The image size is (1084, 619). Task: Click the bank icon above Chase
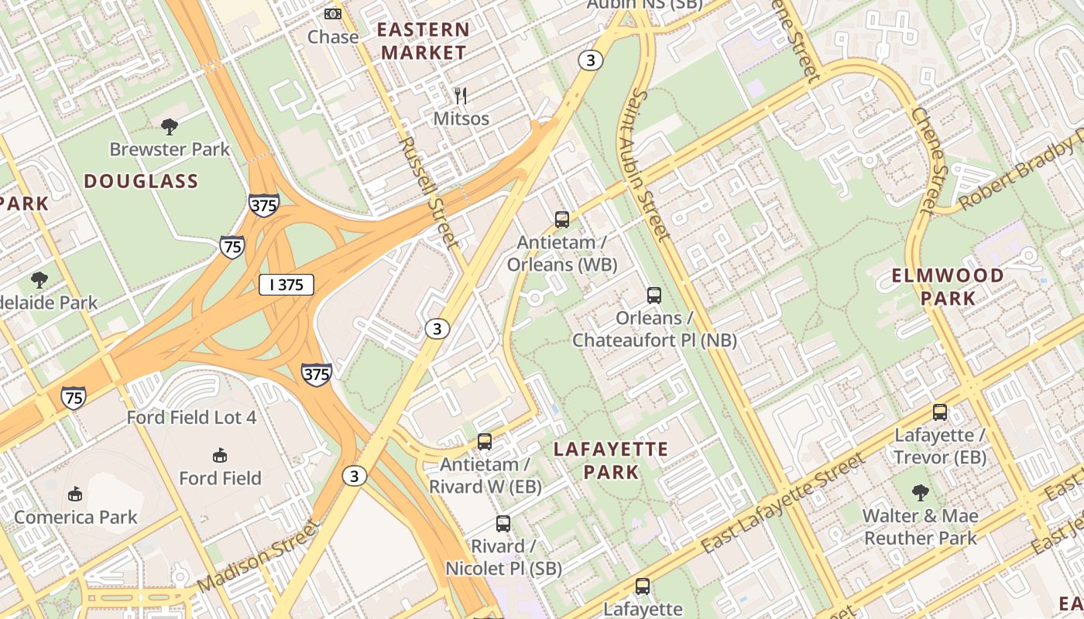click(333, 14)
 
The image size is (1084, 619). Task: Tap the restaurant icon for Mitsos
click(461, 96)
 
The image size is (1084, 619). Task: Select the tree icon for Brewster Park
click(170, 126)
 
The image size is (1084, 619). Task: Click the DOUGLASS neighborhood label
click(141, 182)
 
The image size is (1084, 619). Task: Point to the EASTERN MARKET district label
click(424, 42)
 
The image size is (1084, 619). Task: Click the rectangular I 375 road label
click(286, 285)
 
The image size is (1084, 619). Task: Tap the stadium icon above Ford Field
click(220, 455)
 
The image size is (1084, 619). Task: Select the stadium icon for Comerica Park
click(75, 494)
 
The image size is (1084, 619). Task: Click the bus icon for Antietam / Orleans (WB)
click(562, 220)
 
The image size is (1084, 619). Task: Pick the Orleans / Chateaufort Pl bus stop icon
click(654, 296)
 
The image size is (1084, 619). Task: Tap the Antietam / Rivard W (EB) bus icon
click(485, 442)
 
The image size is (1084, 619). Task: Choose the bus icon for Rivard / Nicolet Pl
click(503, 524)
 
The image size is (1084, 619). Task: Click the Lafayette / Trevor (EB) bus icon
click(940, 412)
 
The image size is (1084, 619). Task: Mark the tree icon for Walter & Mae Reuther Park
click(920, 492)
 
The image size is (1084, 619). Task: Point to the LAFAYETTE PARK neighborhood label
click(611, 460)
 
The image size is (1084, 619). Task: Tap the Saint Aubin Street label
click(649, 164)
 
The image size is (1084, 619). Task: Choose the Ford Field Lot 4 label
click(191, 418)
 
